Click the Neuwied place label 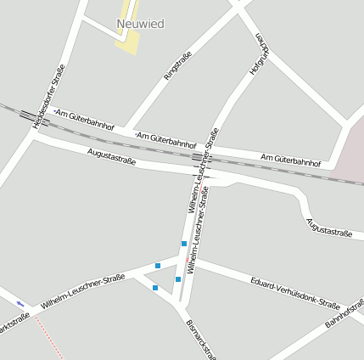tap(141, 24)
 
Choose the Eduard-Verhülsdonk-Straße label tap(295, 292)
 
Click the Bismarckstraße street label tap(200, 338)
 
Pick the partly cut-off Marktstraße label tap(14, 326)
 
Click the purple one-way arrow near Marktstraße tap(20, 303)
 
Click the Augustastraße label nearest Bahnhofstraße tap(328, 229)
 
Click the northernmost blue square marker tap(184, 245)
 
